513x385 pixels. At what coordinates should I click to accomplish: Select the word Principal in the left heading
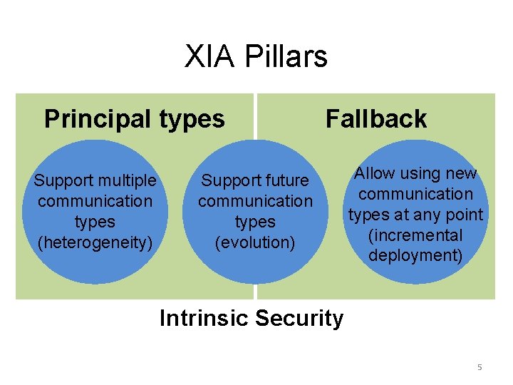tap(95, 118)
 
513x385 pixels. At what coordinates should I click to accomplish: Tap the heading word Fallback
tap(376, 118)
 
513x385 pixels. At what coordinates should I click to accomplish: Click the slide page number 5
tap(480, 367)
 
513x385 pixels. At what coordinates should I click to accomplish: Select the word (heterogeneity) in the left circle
tap(95, 242)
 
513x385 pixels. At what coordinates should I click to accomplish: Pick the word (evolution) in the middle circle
tap(255, 242)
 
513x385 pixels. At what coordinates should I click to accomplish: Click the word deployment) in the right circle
tap(415, 255)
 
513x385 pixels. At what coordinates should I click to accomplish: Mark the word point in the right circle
tap(463, 215)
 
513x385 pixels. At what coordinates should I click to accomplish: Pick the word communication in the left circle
tap(95, 201)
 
